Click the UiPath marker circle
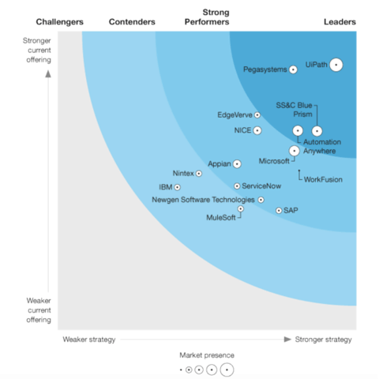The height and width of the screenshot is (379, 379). click(336, 65)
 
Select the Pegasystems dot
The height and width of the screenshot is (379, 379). click(293, 69)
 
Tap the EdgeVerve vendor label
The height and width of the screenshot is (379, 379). click(234, 115)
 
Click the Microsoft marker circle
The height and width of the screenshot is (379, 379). click(295, 149)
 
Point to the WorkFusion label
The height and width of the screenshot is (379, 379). click(323, 179)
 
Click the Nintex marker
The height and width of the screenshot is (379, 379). click(199, 173)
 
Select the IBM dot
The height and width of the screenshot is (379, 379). click(177, 187)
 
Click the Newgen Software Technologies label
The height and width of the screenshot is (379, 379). click(203, 200)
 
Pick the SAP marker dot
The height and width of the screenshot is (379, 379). click(279, 211)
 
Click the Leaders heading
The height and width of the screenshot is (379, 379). click(340, 21)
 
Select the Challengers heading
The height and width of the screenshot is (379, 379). click(60, 21)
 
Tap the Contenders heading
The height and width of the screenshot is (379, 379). click(131, 21)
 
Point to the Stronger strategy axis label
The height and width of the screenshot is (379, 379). click(324, 340)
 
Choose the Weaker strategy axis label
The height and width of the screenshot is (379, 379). click(89, 340)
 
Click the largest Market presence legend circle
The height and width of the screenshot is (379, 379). click(227, 370)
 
